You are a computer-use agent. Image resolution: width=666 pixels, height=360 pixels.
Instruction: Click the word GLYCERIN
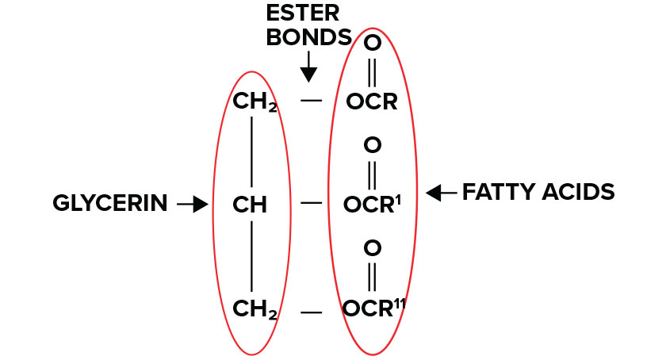(110, 204)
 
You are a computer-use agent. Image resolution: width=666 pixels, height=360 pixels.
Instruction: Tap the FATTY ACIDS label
(538, 192)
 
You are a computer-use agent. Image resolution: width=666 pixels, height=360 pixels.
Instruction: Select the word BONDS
(308, 37)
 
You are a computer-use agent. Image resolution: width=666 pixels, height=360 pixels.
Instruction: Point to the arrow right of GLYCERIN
(192, 205)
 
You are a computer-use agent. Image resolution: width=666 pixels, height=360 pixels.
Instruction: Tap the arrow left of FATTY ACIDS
(440, 192)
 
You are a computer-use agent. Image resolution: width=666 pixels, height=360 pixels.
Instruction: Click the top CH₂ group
(255, 102)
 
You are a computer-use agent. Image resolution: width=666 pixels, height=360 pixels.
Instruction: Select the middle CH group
(250, 205)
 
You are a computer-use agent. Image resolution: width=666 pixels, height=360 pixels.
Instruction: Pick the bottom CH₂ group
(255, 308)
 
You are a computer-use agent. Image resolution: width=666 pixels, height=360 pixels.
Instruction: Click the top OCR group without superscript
(371, 102)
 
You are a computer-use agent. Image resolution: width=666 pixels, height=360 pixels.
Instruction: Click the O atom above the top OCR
(372, 44)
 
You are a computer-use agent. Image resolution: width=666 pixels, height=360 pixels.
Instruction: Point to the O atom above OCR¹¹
(373, 248)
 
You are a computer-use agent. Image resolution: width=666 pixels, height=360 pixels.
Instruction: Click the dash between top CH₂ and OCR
(312, 101)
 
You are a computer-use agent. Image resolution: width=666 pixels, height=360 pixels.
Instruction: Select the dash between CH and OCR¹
(312, 204)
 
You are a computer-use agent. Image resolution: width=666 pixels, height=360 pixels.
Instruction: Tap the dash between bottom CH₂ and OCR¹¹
(312, 312)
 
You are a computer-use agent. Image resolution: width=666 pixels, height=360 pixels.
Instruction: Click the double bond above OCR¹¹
(373, 277)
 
